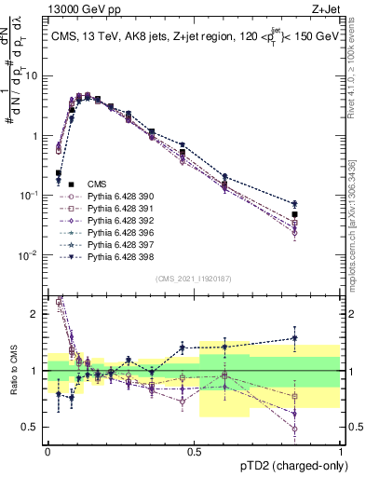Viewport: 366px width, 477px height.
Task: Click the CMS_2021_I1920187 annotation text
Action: pyautogui.click(x=194, y=278)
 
